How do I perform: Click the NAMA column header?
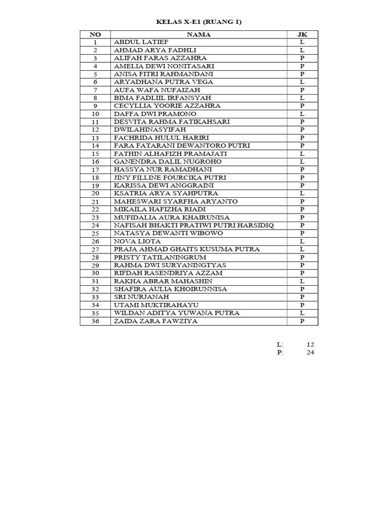[199, 34]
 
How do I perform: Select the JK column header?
[302, 34]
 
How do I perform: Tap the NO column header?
[95, 34]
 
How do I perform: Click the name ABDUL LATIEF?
[134, 42]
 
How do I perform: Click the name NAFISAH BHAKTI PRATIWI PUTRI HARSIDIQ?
[194, 225]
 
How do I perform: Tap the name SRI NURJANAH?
[137, 297]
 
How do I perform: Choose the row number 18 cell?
[95, 178]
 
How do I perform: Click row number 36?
[95, 321]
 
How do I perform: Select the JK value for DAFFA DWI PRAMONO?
[302, 114]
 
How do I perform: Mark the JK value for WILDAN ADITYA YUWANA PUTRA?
[302, 313]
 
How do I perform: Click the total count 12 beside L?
[310, 344]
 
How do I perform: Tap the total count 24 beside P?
[310, 353]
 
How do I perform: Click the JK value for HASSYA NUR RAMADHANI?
[302, 169]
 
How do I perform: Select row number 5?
[95, 74]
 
